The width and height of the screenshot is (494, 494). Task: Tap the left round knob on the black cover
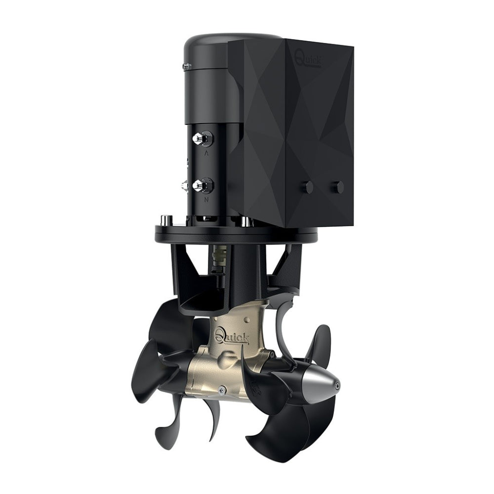(x=308, y=187)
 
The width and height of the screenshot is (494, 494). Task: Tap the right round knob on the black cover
(x=338, y=187)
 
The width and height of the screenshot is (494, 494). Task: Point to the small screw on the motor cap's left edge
(x=186, y=65)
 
